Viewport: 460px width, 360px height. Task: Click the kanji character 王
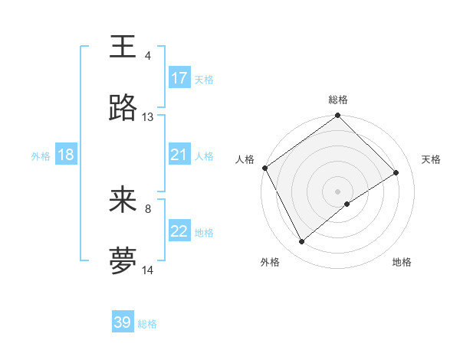point(123,47)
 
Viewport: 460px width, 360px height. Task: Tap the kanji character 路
point(123,109)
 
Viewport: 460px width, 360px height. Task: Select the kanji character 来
point(123,200)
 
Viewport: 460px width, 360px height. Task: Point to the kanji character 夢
point(123,261)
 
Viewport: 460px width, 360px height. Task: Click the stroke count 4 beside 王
point(148,56)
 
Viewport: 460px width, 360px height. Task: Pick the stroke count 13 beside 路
point(148,117)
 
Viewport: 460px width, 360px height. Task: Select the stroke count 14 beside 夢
point(148,270)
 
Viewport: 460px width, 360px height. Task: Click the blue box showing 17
point(179,78)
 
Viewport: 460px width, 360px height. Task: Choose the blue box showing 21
point(179,155)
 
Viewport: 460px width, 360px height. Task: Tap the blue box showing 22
point(179,231)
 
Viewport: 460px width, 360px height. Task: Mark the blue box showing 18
point(65,155)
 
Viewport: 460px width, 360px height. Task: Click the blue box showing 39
point(123,322)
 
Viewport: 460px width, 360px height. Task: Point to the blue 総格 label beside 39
point(147,324)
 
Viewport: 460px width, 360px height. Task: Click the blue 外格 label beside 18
point(41,155)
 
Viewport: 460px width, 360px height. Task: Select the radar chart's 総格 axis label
point(338,100)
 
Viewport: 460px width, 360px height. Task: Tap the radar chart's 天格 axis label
point(431,159)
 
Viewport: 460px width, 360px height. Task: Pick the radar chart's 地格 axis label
point(402,263)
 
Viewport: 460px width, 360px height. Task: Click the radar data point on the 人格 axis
point(264,168)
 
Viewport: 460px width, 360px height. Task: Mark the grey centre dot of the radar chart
point(338,191)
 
